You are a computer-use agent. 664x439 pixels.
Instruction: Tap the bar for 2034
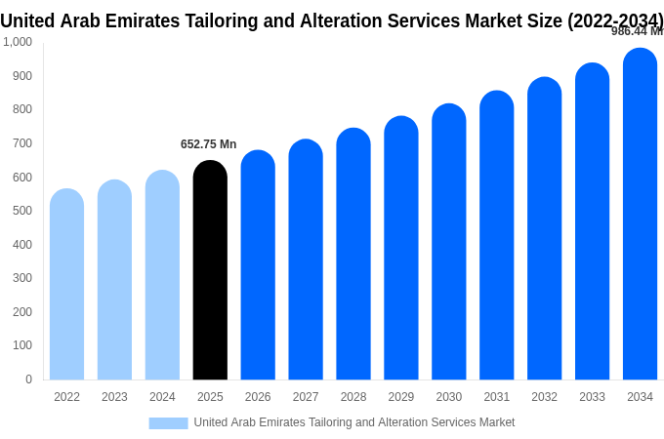640,214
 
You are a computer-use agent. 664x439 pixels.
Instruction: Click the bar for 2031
496,235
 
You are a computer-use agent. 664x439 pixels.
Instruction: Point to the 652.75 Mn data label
208,144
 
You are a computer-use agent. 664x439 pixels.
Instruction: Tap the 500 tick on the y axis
21,211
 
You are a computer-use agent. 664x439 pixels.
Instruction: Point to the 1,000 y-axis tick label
18,42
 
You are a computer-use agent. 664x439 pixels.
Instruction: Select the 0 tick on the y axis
28,379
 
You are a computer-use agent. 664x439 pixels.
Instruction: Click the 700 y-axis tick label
21,143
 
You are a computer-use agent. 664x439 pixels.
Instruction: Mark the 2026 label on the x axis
258,397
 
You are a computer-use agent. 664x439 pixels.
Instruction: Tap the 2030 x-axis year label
449,397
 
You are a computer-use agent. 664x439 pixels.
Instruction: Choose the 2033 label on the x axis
592,397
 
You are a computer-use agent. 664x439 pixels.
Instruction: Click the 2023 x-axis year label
114,397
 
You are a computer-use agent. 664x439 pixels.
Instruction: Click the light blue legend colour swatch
168,423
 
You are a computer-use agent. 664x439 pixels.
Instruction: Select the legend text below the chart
353,422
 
